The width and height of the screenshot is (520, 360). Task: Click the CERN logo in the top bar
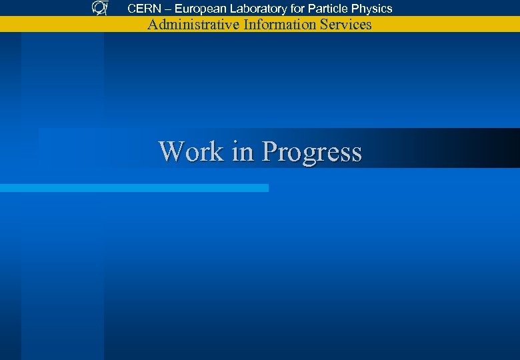click(x=99, y=8)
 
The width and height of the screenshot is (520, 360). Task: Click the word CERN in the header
click(x=143, y=9)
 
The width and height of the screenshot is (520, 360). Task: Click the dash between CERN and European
click(x=167, y=9)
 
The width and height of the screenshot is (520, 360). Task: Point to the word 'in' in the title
click(x=243, y=151)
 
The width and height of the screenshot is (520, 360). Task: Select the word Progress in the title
click(x=311, y=152)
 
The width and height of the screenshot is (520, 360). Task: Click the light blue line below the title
click(x=133, y=188)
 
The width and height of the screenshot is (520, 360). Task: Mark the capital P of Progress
click(x=269, y=151)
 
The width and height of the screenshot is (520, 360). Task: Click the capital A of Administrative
click(x=153, y=25)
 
